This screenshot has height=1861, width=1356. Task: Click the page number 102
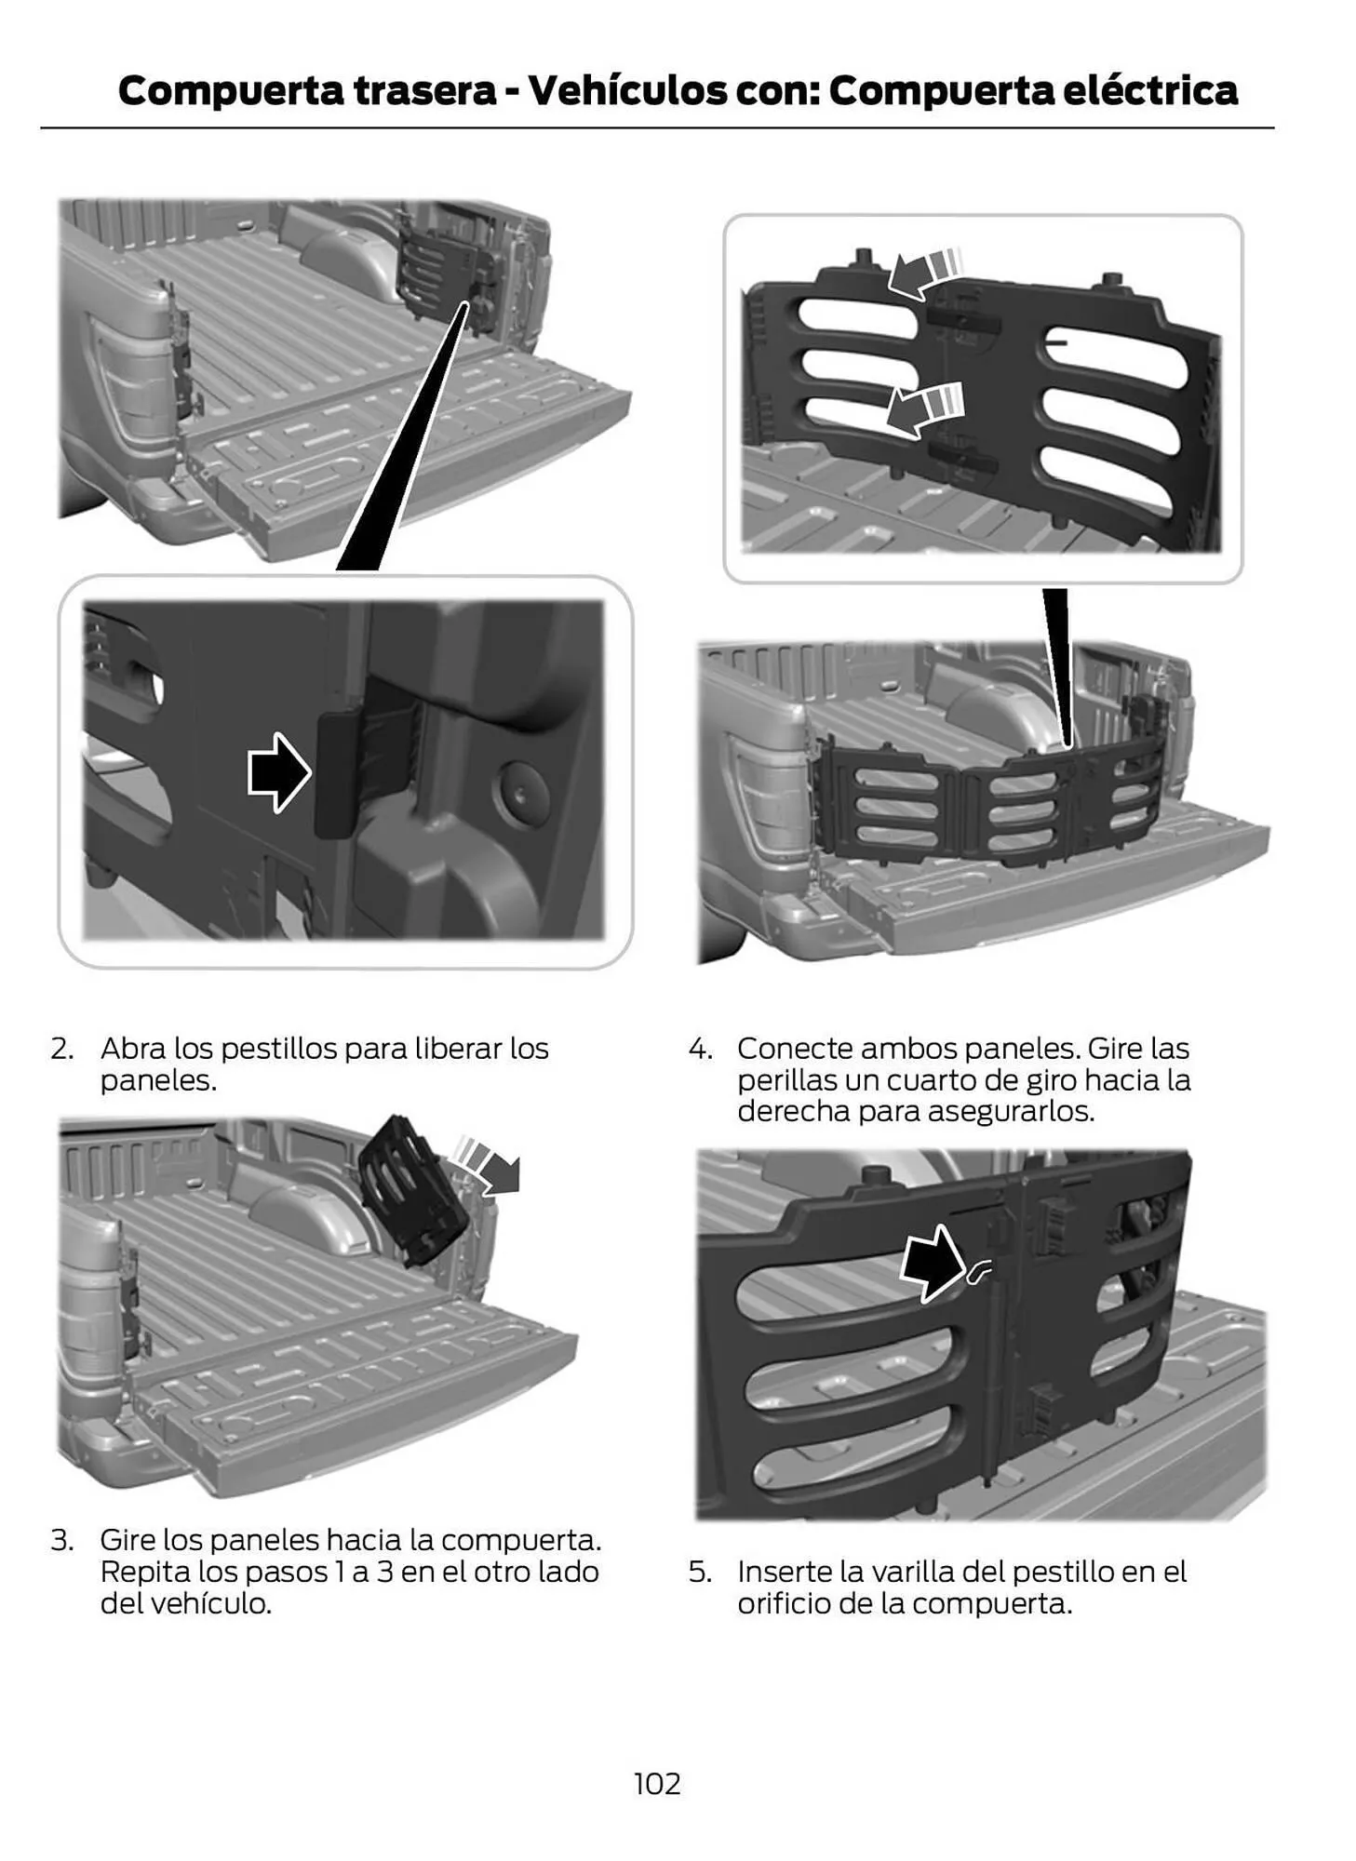657,1783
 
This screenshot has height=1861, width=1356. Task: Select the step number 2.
61,1049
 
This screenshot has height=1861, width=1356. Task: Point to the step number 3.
61,1540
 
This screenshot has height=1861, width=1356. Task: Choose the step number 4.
700,1049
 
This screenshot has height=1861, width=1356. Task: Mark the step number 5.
700,1572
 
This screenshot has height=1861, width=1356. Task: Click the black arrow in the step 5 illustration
933,1263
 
